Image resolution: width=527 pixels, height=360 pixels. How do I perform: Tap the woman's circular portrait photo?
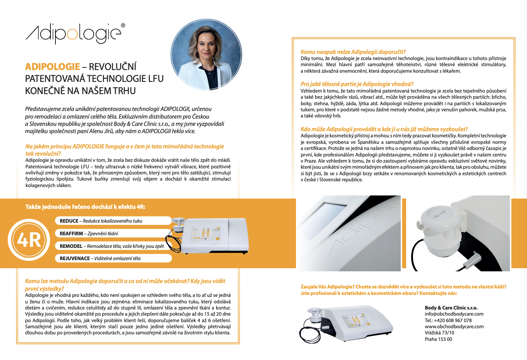tap(206, 55)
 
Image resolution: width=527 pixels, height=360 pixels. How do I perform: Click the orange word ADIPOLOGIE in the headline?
tap(52, 67)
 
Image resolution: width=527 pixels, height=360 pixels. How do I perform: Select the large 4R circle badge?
tap(29, 240)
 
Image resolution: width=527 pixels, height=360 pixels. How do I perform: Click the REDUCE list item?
tap(113, 221)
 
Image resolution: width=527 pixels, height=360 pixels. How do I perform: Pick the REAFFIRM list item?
tap(113, 233)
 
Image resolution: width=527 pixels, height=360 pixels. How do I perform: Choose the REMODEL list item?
tap(113, 246)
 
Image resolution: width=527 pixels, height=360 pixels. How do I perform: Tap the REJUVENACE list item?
tap(113, 258)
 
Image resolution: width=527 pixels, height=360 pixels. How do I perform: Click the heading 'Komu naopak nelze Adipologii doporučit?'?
tap(353, 52)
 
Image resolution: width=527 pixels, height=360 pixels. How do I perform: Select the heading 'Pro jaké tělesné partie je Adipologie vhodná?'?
tap(357, 84)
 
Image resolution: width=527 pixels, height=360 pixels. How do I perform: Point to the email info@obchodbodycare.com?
tap(454, 314)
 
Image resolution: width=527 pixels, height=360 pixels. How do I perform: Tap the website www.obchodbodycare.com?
tap(454, 326)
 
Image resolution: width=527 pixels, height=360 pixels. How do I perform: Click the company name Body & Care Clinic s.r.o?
tap(451, 308)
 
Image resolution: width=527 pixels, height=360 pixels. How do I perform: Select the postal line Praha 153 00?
tap(438, 339)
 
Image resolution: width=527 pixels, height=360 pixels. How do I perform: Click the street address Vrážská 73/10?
tap(439, 332)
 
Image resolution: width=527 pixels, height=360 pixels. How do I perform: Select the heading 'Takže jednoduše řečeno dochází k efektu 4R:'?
tap(85, 207)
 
